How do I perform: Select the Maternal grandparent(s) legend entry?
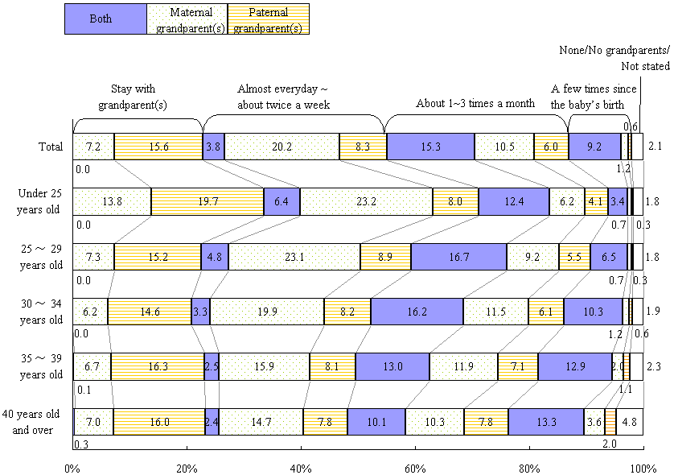187,19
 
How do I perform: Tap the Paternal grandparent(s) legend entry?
269,19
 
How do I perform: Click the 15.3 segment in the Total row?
430,147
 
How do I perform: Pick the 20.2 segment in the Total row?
282,147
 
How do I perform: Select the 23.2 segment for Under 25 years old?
366,201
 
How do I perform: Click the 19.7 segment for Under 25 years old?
208,201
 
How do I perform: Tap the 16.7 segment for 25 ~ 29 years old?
458,256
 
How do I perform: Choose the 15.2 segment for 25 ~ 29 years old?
158,256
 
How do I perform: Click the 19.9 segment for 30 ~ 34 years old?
267,311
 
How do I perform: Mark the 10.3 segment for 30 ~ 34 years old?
593,311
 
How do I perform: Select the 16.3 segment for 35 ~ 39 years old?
158,366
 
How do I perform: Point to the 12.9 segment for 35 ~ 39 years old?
574,366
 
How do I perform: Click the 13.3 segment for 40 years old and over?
546,421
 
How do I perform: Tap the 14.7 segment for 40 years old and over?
261,421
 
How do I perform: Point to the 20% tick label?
186,467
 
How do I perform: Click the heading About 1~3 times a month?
475,103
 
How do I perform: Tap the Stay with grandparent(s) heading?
133,97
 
